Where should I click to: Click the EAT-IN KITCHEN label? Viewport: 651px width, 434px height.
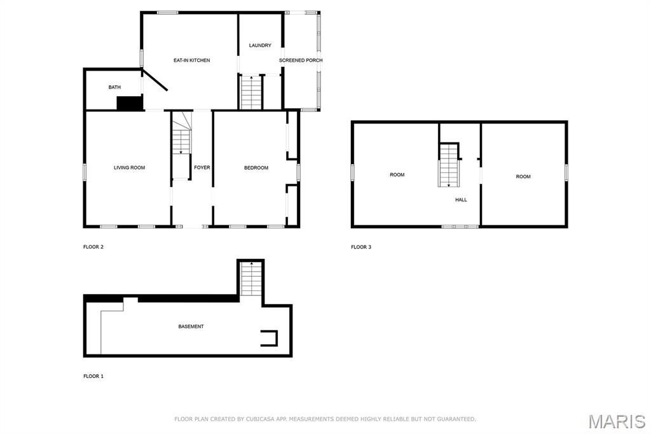[191, 60]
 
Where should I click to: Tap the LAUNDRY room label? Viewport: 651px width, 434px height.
[260, 45]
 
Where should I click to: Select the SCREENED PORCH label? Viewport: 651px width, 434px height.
[301, 60]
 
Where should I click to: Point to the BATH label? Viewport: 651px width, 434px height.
[114, 87]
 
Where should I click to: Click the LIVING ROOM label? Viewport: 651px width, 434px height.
[130, 168]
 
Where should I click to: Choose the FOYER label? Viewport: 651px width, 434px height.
[202, 167]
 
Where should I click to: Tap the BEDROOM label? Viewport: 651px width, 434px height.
[256, 168]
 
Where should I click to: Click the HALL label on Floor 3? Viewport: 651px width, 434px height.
[461, 200]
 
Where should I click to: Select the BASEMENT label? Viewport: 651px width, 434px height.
[191, 326]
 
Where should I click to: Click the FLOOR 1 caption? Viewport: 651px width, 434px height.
[93, 376]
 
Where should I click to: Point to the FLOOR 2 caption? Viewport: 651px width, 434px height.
[93, 247]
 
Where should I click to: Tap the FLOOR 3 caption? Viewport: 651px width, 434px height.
[361, 247]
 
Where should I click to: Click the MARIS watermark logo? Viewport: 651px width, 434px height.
[617, 421]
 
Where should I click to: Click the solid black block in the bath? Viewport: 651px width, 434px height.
[130, 103]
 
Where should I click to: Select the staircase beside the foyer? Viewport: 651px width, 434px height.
[181, 146]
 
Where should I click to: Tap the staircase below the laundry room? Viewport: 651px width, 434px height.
[251, 92]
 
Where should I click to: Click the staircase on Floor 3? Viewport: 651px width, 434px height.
[449, 165]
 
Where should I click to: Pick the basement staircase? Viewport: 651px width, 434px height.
[250, 279]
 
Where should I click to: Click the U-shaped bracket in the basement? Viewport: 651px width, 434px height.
[269, 338]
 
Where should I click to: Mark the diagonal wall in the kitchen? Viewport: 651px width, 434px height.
[155, 80]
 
